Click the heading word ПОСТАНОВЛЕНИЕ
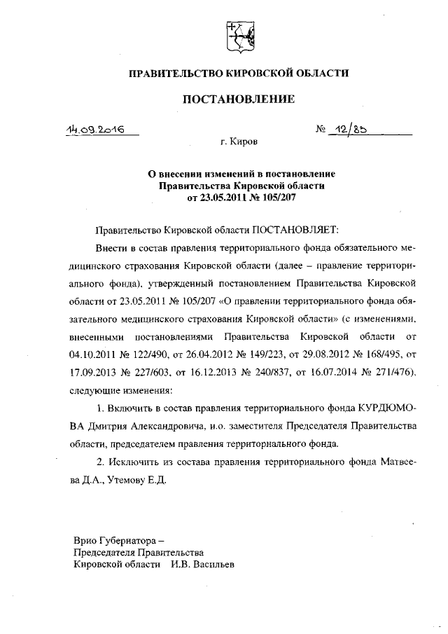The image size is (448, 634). pos(239,99)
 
